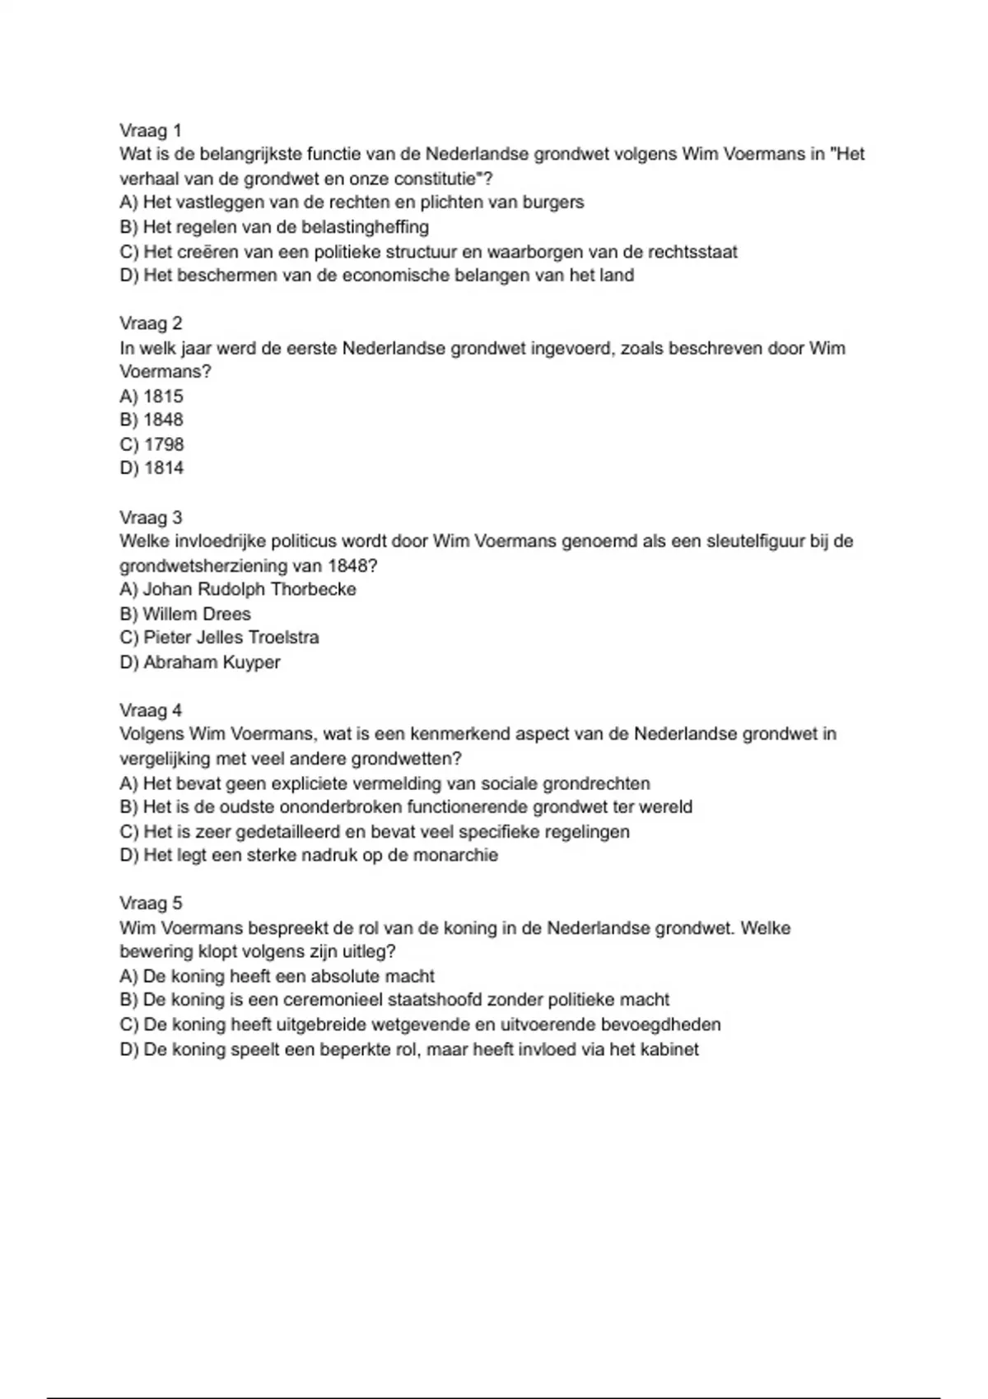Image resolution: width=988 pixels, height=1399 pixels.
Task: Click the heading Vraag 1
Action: pos(151,130)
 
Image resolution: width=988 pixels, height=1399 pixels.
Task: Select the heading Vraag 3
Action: pos(151,518)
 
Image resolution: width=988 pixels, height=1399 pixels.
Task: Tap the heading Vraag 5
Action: pos(151,904)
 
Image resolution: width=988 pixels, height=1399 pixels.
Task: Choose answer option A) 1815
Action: pos(151,396)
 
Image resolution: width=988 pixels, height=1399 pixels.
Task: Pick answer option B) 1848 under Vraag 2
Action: pos(151,420)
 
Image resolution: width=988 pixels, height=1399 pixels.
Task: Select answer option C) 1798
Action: pos(152,444)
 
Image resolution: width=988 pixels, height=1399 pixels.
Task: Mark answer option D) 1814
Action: pos(152,468)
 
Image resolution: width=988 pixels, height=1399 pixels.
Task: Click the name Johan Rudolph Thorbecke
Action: pos(249,589)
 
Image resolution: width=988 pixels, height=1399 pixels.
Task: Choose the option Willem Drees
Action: pos(197,614)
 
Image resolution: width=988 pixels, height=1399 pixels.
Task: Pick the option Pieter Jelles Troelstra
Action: pos(231,638)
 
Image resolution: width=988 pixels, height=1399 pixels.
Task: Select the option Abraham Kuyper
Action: pos(212,662)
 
